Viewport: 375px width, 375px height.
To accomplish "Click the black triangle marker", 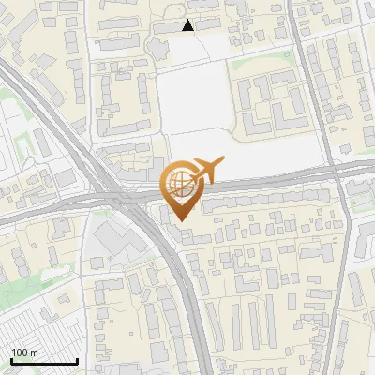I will [187, 26].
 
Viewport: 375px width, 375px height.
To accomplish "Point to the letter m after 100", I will [34, 352].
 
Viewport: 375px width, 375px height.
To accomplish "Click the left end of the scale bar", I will [11, 361].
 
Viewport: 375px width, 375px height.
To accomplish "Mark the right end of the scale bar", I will [77, 361].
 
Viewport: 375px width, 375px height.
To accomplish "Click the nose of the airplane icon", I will [224, 163].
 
